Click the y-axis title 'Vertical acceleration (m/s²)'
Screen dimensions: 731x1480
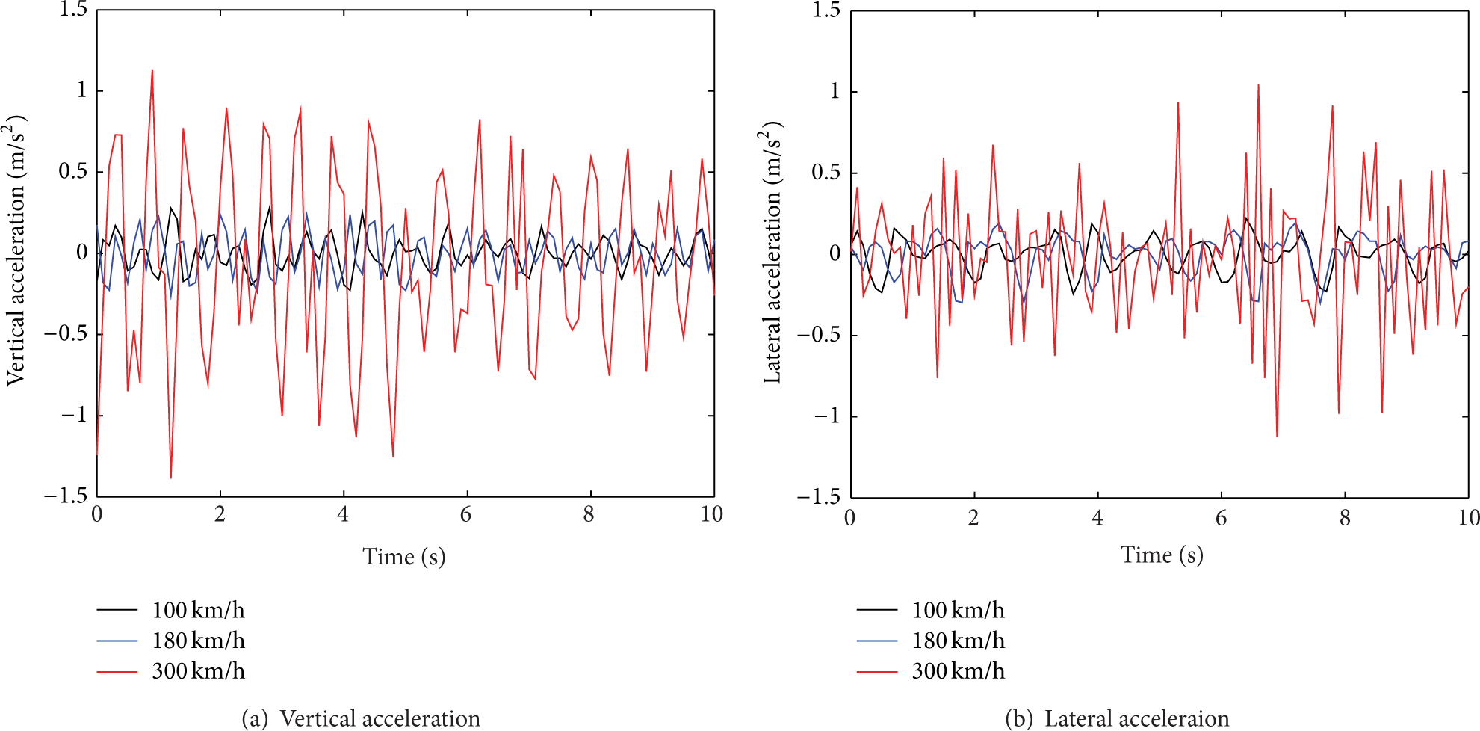[16, 250]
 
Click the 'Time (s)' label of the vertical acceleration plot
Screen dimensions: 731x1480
[404, 557]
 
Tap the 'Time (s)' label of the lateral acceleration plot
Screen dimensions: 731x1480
[1162, 555]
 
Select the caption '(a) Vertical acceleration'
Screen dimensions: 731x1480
[361, 718]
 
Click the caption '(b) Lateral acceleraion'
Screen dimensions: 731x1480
[1117, 718]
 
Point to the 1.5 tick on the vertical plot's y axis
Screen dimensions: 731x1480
[73, 10]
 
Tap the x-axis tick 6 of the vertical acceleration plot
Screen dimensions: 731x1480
[466, 514]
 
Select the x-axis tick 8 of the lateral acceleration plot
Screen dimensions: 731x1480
[1345, 517]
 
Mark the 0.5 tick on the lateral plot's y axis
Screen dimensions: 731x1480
[826, 173]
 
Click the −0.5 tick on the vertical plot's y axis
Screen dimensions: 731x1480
[66, 334]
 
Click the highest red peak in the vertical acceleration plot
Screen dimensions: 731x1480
[152, 70]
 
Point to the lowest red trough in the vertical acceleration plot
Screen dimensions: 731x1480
[171, 478]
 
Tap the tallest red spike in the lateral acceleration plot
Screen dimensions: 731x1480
[1258, 84]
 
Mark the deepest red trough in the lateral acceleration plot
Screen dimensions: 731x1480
[1277, 436]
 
